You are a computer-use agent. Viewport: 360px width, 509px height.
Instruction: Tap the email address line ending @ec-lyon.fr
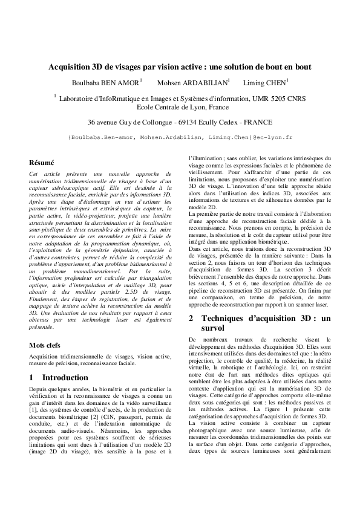coord(180,137)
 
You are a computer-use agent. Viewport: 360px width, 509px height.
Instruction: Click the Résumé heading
coord(42,163)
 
